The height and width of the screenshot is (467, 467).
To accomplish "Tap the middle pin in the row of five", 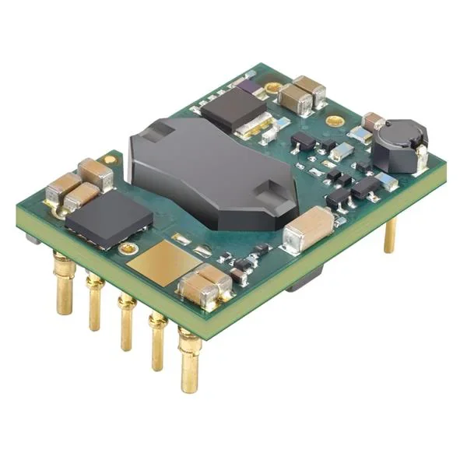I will click(124, 323).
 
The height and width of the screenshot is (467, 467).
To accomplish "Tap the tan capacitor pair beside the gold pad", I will click(205, 284).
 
